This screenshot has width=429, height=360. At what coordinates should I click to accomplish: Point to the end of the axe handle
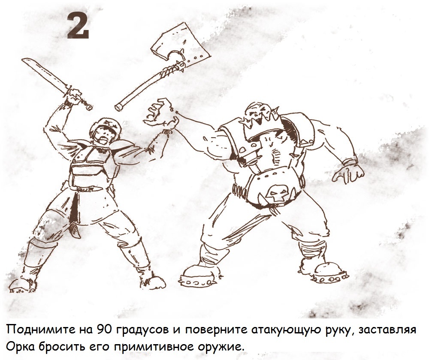119,108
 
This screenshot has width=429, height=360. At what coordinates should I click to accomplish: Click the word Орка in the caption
20,348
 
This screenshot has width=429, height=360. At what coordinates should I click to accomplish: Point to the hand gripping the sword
73,97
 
